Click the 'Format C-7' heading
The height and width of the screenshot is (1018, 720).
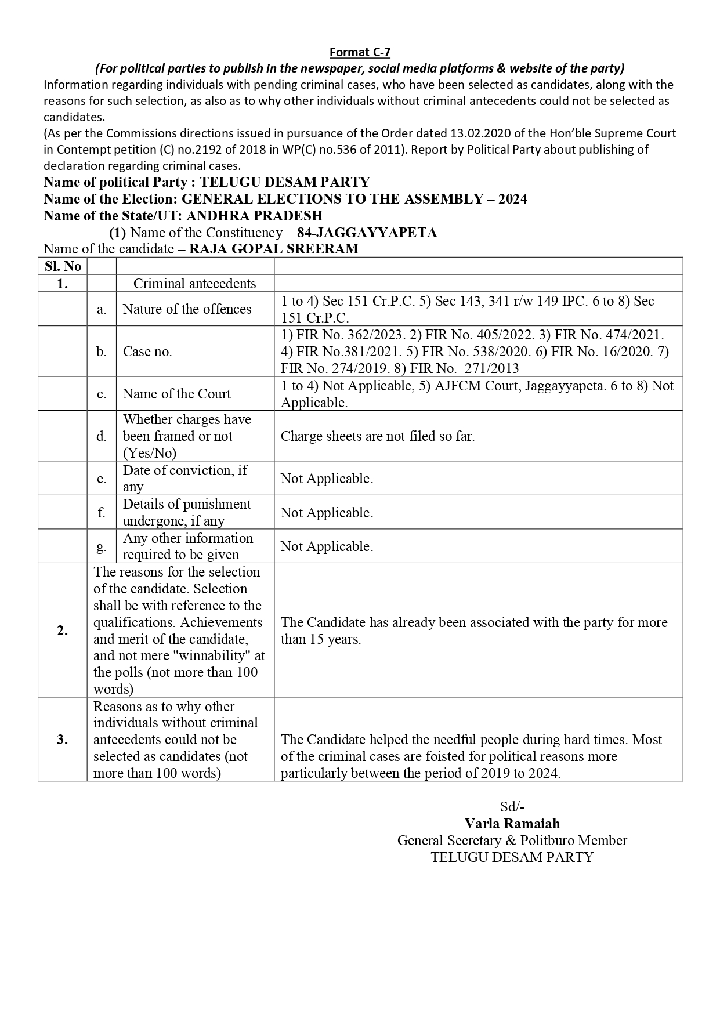coord(360,52)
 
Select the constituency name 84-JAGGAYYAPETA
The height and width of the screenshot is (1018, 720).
coord(367,233)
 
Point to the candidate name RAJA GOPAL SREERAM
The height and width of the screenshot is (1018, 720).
coord(274,249)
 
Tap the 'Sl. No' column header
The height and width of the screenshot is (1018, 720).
coord(63,266)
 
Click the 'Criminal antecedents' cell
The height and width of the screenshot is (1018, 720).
coord(194,283)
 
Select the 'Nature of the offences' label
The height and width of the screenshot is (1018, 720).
coord(187,309)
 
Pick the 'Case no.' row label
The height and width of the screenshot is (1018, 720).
coord(147,352)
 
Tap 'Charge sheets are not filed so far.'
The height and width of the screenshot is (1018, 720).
coord(378,436)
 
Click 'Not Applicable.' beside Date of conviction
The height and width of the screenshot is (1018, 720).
coord(327,479)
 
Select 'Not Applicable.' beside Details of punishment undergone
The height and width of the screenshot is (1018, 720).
coord(327,512)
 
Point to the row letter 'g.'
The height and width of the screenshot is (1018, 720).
coord(102,546)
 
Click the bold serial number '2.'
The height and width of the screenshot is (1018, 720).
coord(63,631)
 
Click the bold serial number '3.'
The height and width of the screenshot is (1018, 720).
coord(63,740)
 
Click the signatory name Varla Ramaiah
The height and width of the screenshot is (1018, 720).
coord(512,824)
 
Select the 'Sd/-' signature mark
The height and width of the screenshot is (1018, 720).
coord(512,807)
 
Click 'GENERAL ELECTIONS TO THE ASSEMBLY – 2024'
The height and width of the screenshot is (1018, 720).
coord(354,199)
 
